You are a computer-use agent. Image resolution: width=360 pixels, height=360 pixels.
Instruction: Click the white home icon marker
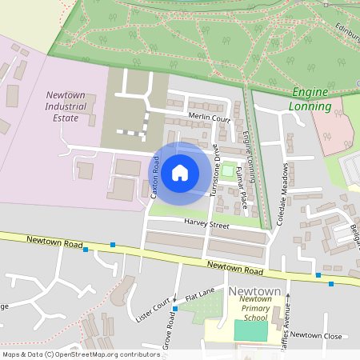point(180,172)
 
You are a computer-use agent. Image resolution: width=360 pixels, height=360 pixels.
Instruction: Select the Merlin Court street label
point(209,118)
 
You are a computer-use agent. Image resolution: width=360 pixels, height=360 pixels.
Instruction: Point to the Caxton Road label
point(156,178)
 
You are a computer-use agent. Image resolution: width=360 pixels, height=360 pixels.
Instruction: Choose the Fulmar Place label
point(242,184)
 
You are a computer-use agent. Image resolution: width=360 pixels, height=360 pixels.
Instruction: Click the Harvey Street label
point(206,224)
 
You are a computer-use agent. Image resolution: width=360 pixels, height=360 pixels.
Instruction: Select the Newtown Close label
point(316,335)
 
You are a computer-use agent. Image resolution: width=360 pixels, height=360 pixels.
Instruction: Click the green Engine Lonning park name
point(311,99)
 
